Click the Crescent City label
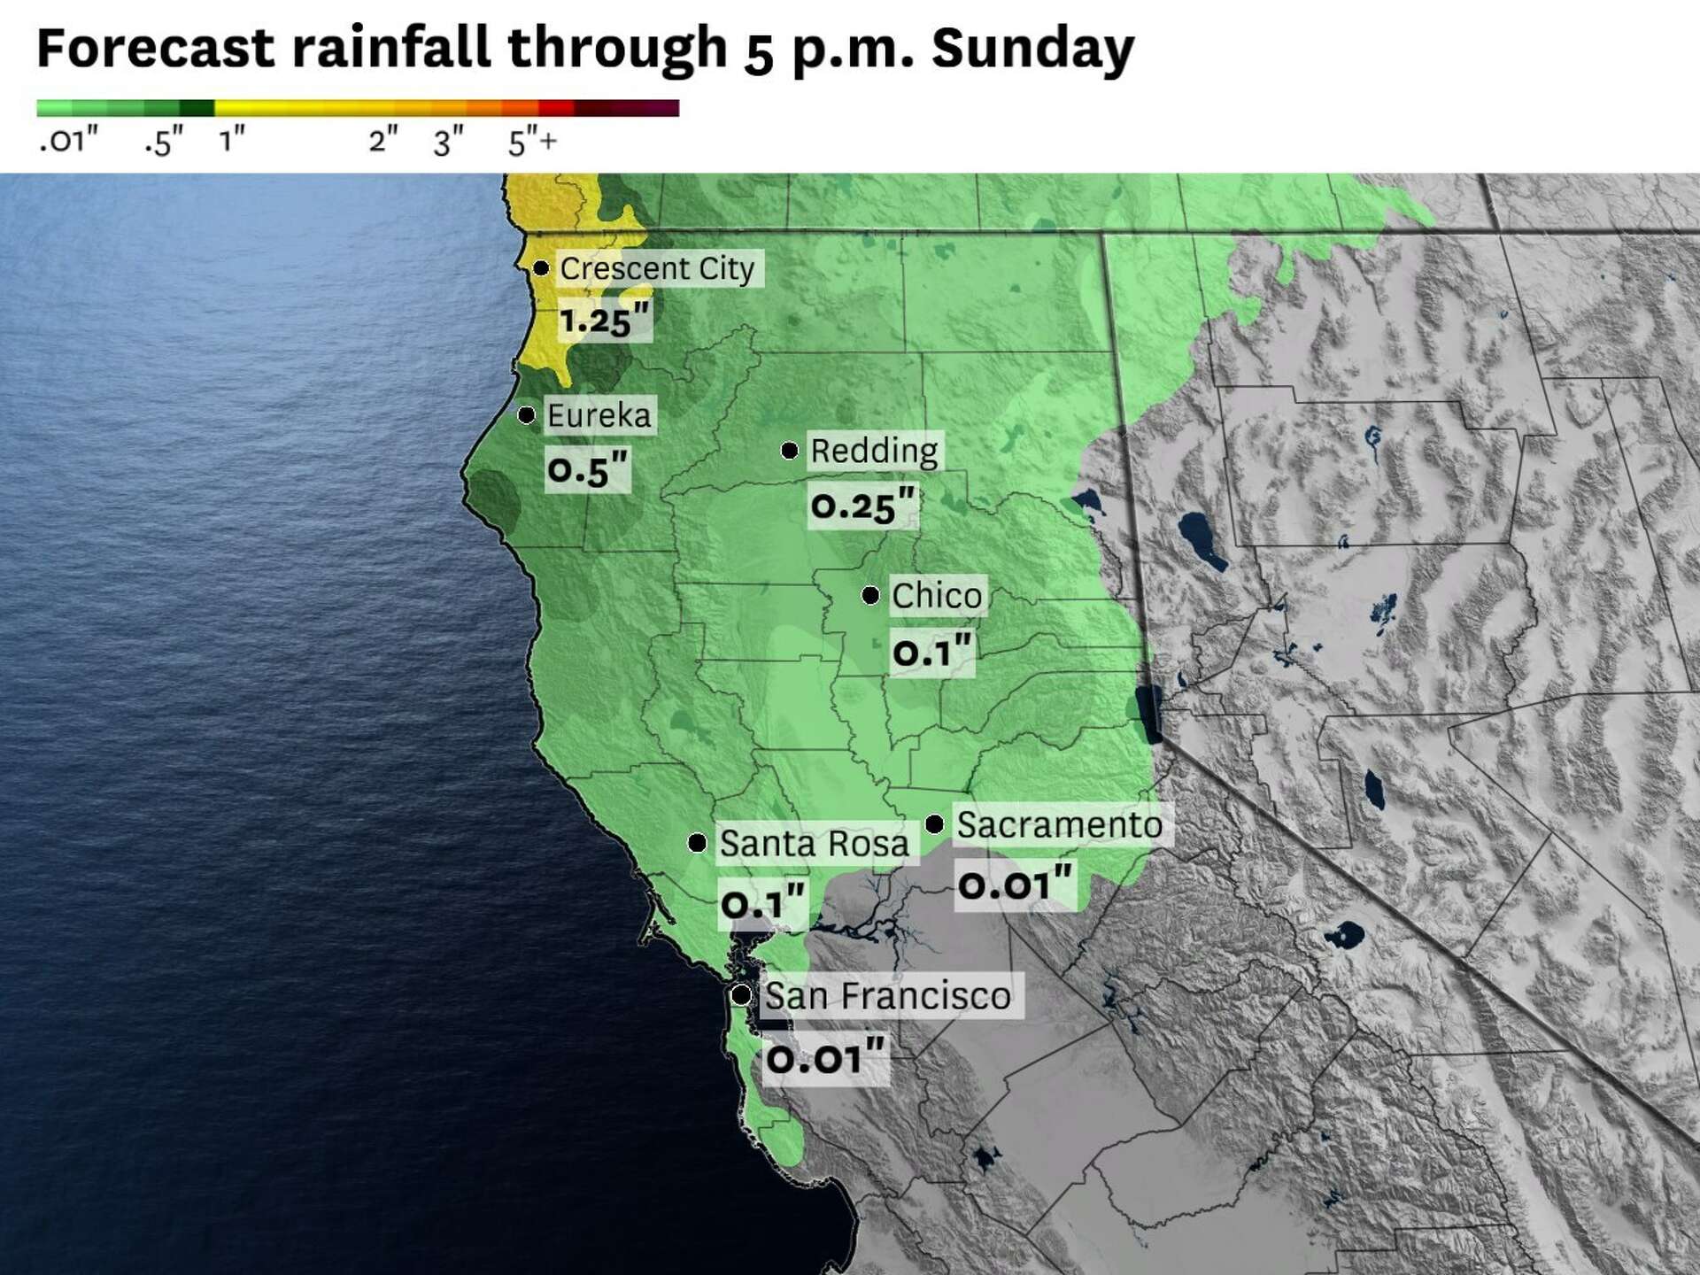(x=657, y=268)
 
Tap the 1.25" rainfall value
(x=605, y=320)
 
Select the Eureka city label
(x=599, y=415)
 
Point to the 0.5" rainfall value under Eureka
(x=587, y=469)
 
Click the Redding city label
(x=874, y=451)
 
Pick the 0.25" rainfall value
(x=862, y=506)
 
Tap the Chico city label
(x=937, y=596)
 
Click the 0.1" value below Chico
(x=931, y=653)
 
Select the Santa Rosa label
(x=814, y=844)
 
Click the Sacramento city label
(x=1060, y=825)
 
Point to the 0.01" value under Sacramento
(x=1016, y=885)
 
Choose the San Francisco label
(x=887, y=996)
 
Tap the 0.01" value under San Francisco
(x=825, y=1058)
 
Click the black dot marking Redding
(x=789, y=451)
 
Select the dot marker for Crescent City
(x=541, y=267)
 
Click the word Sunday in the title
(x=1032, y=48)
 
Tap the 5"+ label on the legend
(x=532, y=142)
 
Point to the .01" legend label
(x=68, y=140)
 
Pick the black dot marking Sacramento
(x=934, y=824)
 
